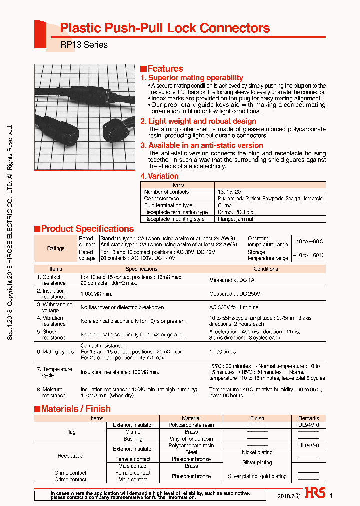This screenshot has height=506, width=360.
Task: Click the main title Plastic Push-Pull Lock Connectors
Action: pos(165,28)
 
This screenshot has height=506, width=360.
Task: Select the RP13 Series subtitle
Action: pos(84,45)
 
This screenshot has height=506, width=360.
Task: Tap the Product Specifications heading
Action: pos(87,229)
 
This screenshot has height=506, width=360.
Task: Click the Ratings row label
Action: pos(56,248)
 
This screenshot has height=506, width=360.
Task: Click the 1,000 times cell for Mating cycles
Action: pos(223,351)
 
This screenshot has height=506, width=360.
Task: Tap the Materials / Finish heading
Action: pos(75,409)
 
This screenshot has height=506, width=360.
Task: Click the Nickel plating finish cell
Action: pos(257,452)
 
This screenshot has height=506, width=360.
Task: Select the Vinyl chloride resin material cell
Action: pos(191,439)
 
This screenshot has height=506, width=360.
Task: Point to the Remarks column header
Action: pos(308,418)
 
